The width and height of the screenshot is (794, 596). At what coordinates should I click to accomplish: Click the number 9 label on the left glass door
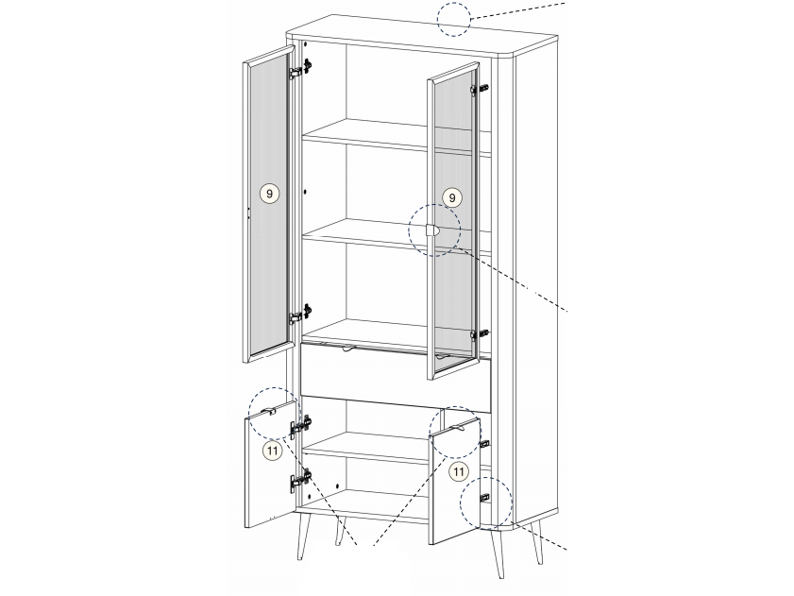point(269,194)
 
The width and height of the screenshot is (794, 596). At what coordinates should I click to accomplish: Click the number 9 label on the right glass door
point(452,197)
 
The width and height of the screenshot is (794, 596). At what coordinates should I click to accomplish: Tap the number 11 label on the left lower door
point(273,451)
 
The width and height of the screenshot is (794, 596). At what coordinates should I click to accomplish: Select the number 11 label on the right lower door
point(458,472)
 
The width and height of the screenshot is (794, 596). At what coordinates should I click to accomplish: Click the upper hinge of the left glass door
point(300,70)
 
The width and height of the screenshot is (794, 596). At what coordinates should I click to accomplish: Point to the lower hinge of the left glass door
point(300,315)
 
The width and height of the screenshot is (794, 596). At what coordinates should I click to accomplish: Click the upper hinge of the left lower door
point(301,426)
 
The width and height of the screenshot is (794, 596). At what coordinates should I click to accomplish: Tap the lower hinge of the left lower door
point(301,481)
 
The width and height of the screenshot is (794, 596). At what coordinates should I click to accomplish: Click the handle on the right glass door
point(432,230)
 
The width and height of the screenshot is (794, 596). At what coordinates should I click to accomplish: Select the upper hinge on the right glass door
point(479,89)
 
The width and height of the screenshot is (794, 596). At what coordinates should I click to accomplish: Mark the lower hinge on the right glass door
point(479,334)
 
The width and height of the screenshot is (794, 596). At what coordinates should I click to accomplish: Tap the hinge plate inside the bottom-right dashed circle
point(484,498)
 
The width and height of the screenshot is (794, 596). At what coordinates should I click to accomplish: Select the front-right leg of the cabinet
point(497,553)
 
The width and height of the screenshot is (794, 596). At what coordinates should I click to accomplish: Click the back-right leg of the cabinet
point(537,542)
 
